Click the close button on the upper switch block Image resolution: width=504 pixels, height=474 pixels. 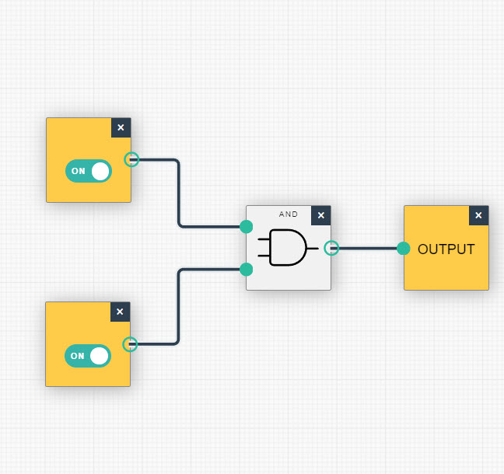coord(121,127)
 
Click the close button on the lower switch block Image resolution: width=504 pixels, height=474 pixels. coord(120,312)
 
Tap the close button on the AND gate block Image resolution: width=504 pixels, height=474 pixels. coord(320,215)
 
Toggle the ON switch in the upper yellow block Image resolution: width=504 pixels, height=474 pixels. coord(89,171)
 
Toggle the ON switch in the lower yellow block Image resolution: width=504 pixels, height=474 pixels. coord(88,356)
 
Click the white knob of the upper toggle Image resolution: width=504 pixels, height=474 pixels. coord(100,171)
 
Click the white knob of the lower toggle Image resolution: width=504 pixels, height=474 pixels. coord(99,356)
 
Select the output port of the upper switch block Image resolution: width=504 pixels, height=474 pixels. coord(132,160)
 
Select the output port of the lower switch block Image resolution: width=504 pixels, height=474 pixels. coord(131,343)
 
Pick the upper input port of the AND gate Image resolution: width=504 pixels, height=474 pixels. coord(247,227)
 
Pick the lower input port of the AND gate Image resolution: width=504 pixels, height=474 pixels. coord(247,270)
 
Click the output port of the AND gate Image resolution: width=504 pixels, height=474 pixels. coord(331,248)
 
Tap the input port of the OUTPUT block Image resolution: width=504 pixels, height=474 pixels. coord(403,249)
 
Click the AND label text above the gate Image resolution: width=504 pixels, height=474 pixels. coord(289,214)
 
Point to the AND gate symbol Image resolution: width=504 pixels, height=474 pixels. coord(287,248)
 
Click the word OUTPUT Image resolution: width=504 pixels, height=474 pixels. coord(446,249)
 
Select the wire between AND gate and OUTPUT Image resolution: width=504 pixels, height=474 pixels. coord(367,249)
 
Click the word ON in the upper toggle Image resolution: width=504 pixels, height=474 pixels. coord(79,171)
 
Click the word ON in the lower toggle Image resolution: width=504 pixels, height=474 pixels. coord(77,356)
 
